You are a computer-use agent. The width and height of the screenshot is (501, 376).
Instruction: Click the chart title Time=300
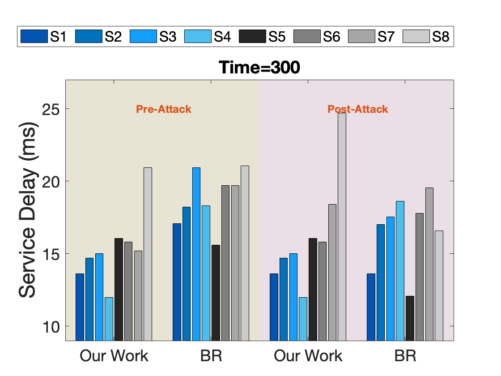click(259, 67)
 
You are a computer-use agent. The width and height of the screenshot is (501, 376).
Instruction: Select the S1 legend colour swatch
click(34, 36)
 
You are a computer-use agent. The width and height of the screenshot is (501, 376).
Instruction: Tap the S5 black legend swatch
click(252, 36)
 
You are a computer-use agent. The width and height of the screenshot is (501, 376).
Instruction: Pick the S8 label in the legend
click(441, 36)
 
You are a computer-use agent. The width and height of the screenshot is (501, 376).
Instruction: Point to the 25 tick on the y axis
click(51, 109)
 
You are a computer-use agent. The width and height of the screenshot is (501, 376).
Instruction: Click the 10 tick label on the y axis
click(51, 327)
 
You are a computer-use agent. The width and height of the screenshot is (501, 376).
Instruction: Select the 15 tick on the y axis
click(51, 254)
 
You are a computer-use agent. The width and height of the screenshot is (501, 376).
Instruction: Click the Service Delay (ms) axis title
click(28, 210)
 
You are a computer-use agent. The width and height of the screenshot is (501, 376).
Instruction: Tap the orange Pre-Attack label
click(164, 109)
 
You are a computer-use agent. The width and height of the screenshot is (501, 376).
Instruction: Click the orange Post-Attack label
click(358, 109)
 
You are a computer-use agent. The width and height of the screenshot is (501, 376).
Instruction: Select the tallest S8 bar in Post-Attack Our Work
click(342, 226)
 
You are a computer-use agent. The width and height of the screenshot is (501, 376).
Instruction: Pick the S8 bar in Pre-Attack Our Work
click(148, 254)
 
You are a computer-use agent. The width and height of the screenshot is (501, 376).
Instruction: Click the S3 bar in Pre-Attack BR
click(196, 254)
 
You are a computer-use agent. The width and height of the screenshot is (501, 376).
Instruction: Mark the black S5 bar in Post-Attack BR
click(410, 318)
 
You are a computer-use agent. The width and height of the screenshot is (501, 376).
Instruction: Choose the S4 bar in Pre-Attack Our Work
click(109, 319)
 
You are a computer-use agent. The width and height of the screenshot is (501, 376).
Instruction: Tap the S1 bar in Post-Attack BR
click(371, 307)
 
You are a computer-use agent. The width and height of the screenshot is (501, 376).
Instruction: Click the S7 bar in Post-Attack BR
click(429, 264)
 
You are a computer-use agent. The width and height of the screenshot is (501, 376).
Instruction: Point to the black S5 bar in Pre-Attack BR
click(216, 293)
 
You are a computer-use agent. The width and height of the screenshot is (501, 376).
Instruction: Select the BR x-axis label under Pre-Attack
click(211, 356)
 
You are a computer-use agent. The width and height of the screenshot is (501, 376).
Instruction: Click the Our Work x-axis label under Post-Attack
click(308, 356)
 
